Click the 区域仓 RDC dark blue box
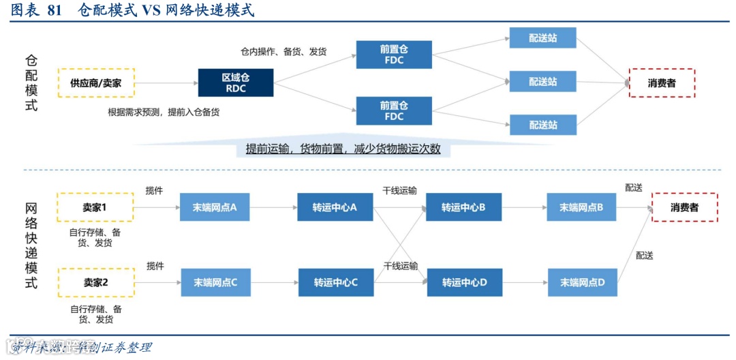click(x=236, y=82)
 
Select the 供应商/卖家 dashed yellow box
click(x=96, y=82)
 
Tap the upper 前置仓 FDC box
click(x=394, y=55)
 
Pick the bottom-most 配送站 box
click(x=542, y=125)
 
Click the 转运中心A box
click(x=335, y=207)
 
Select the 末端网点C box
click(x=215, y=282)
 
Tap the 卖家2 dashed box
click(x=96, y=282)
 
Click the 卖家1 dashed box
click(x=95, y=207)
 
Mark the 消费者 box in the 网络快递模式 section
click(x=684, y=207)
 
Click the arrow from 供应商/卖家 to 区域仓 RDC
click(x=166, y=83)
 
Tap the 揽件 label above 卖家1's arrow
click(x=155, y=191)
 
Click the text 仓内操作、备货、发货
click(x=283, y=52)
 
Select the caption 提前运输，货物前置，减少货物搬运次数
click(x=343, y=149)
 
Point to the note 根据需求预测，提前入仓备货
click(x=164, y=112)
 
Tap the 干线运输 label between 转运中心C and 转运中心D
click(x=400, y=266)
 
